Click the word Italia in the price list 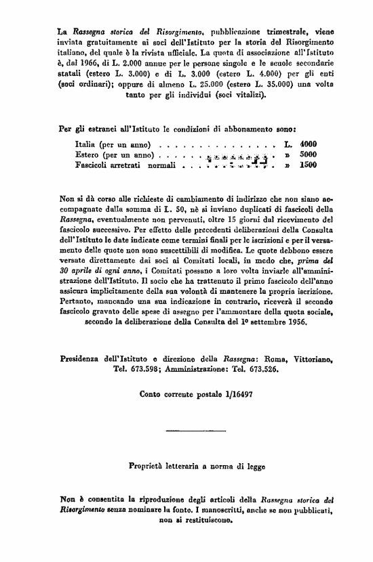85,144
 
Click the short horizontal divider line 186,430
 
